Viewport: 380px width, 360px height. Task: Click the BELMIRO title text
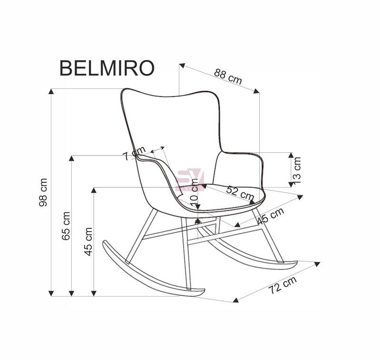(107, 68)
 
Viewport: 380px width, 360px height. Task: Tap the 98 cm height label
(43, 192)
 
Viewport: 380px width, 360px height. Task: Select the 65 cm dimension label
(66, 226)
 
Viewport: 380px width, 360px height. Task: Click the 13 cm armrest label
(297, 170)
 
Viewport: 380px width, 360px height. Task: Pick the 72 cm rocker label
(283, 285)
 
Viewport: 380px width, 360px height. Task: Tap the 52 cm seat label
(240, 193)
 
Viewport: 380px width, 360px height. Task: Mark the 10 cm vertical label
(194, 193)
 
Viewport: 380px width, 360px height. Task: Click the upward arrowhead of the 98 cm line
(51, 91)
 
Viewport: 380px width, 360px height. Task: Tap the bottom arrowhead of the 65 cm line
(71, 293)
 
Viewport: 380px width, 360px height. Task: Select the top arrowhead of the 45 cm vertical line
(94, 190)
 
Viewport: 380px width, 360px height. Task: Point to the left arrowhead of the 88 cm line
(182, 66)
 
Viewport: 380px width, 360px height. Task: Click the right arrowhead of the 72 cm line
(317, 264)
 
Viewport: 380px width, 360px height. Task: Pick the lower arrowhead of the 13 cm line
(291, 185)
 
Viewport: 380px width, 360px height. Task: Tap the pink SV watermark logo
(189, 180)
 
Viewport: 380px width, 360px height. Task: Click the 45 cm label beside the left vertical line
(88, 242)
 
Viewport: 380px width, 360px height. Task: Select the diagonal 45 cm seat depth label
(271, 216)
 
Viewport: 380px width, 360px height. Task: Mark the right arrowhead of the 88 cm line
(257, 91)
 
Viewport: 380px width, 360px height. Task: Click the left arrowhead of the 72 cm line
(235, 300)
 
